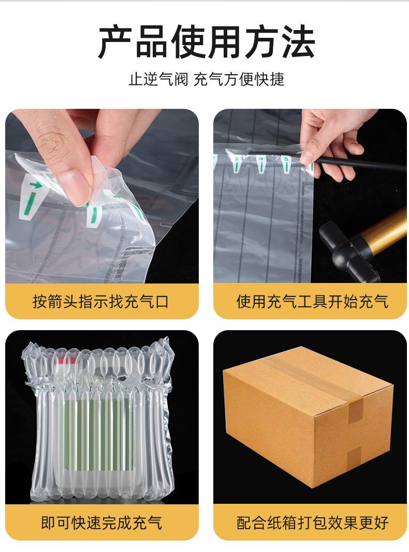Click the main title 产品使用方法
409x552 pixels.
[x=206, y=43]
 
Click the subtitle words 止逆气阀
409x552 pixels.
[x=158, y=79]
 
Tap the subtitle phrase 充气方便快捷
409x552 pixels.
[x=239, y=79]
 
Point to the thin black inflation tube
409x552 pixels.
[x=357, y=165]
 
